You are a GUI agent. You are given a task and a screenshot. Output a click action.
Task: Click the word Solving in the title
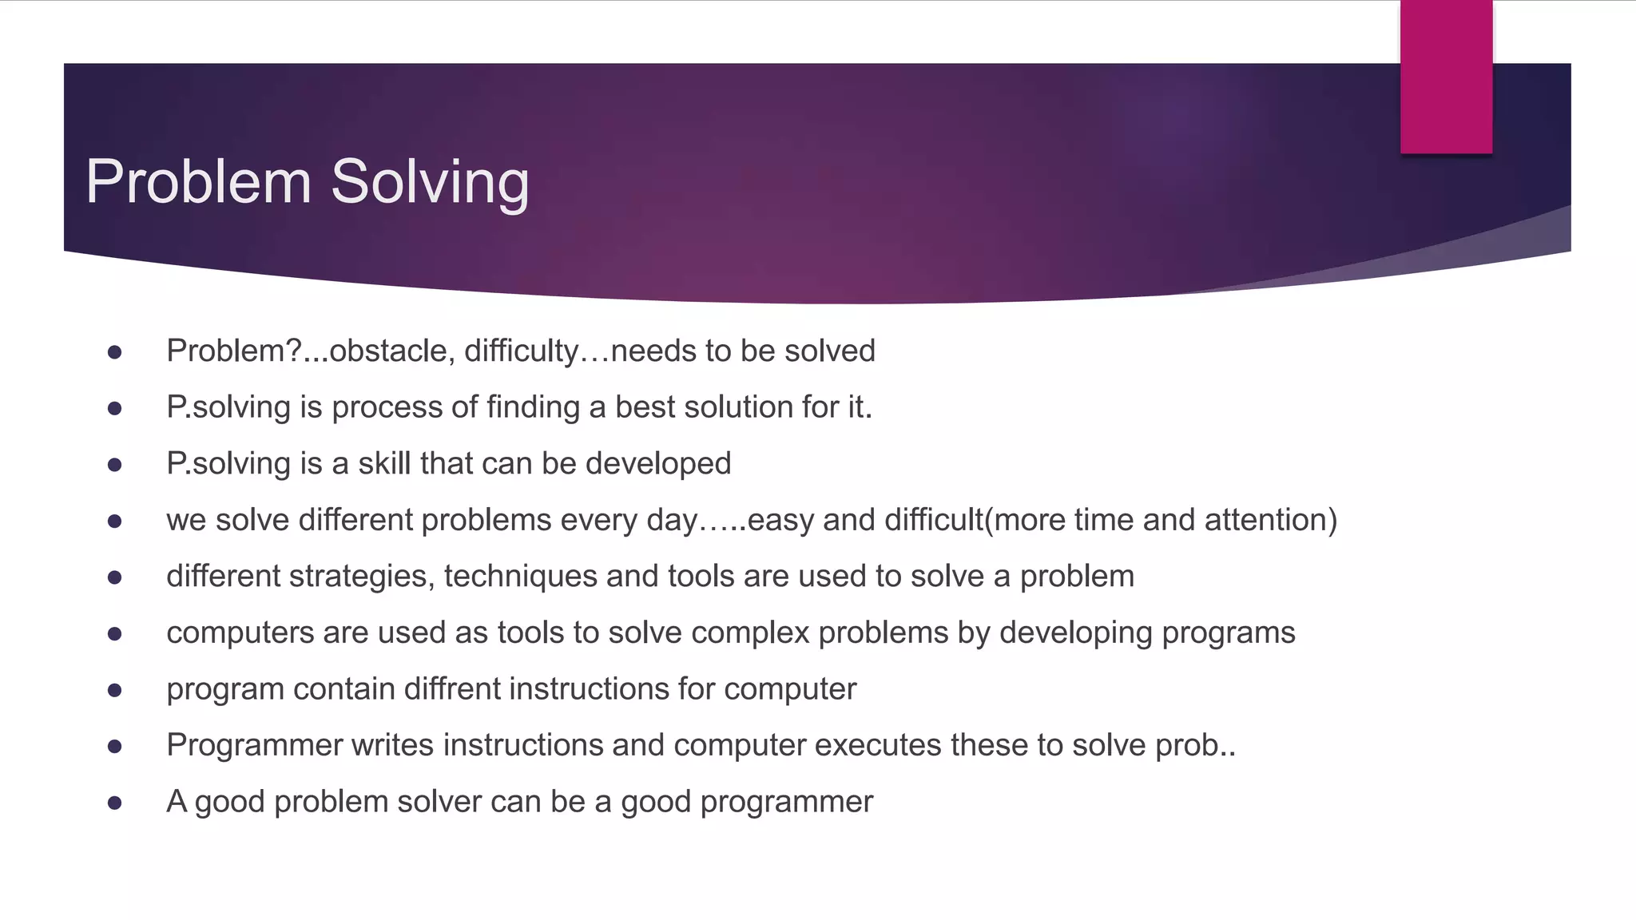(430, 182)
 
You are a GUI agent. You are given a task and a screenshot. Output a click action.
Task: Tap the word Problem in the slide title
(198, 182)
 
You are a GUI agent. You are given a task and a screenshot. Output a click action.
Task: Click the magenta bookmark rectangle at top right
(1446, 77)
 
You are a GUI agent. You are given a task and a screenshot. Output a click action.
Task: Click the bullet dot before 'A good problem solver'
(114, 803)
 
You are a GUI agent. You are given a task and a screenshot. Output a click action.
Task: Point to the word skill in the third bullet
(384, 464)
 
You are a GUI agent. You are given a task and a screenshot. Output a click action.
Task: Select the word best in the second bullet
(645, 407)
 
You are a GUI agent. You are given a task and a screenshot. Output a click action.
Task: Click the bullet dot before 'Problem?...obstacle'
(114, 352)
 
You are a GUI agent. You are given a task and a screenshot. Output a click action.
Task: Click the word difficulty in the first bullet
(521, 351)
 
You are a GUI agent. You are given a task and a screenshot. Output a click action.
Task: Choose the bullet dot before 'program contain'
(114, 690)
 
